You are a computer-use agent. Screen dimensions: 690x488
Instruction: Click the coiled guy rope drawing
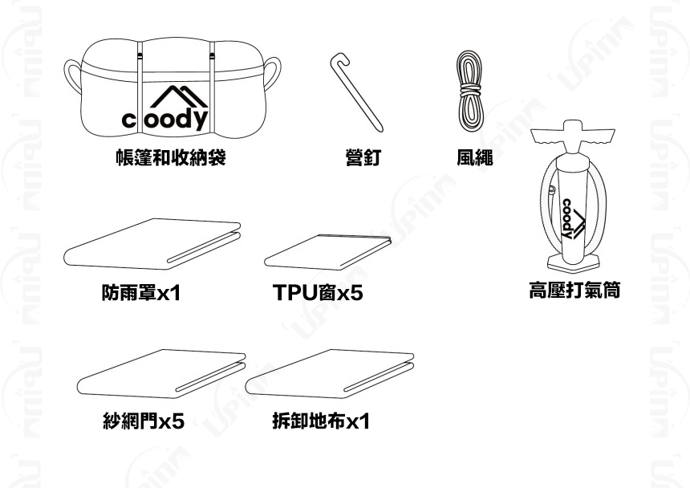coord(469,90)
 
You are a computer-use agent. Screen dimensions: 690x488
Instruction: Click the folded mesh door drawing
coord(163,374)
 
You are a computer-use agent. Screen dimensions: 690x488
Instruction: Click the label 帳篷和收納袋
coord(170,157)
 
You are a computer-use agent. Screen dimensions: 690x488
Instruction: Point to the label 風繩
coord(474,158)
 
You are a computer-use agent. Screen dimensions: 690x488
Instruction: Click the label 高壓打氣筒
coord(574,290)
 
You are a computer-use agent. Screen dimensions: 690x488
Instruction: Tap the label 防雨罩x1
coord(141,294)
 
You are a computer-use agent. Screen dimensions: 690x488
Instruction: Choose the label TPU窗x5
coord(318,294)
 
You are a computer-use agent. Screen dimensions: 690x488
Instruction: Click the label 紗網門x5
coord(144,421)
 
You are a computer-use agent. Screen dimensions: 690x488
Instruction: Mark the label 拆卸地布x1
coord(321,421)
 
